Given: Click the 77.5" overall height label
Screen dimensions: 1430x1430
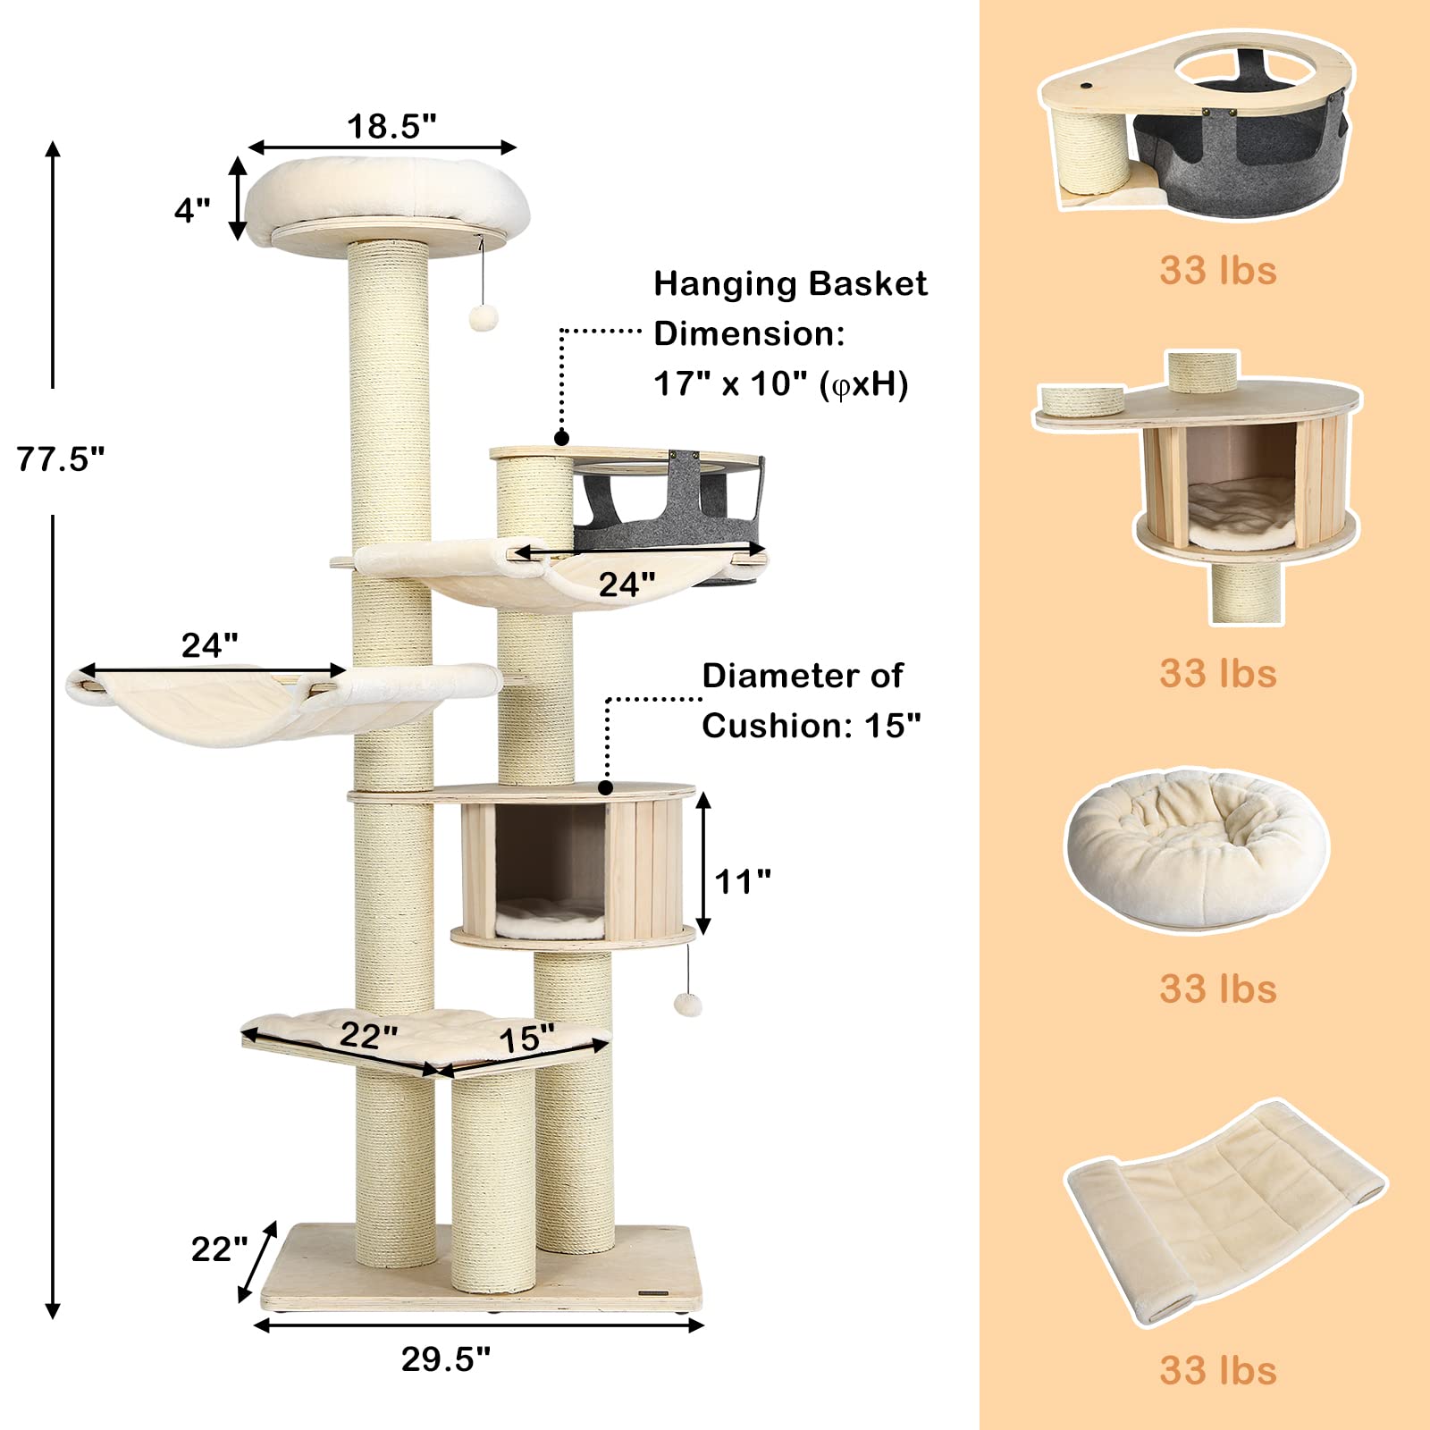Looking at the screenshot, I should click(61, 459).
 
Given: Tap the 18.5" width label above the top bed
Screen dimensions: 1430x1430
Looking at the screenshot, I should click(391, 126).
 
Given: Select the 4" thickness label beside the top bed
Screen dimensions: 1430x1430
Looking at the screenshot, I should click(192, 211).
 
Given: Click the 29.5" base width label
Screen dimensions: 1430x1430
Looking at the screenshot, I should click(445, 1359).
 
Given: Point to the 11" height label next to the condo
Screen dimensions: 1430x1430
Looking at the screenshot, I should click(743, 882).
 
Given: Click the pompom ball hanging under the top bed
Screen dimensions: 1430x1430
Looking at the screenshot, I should click(484, 317).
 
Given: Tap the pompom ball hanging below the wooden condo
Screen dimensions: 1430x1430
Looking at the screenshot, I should click(686, 1004).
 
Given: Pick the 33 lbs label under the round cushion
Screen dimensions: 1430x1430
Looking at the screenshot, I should click(1218, 989).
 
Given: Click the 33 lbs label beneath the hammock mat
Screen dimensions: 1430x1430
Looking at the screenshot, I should click(1218, 1370).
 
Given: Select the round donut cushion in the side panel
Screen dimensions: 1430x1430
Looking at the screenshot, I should click(1197, 849).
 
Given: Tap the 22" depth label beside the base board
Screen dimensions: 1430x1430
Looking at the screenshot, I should click(219, 1249).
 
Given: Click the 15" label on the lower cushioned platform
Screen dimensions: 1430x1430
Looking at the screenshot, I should click(526, 1039).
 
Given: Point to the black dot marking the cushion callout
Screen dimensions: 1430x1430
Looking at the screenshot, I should click(606, 787).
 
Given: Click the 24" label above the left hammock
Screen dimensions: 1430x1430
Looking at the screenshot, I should click(209, 645).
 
